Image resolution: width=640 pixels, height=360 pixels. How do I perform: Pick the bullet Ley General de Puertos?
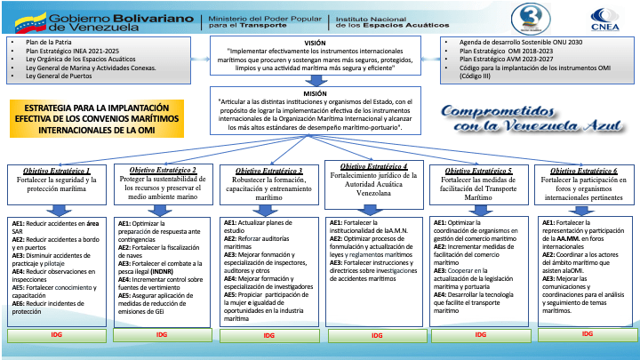pyautogui.click(x=63, y=76)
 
